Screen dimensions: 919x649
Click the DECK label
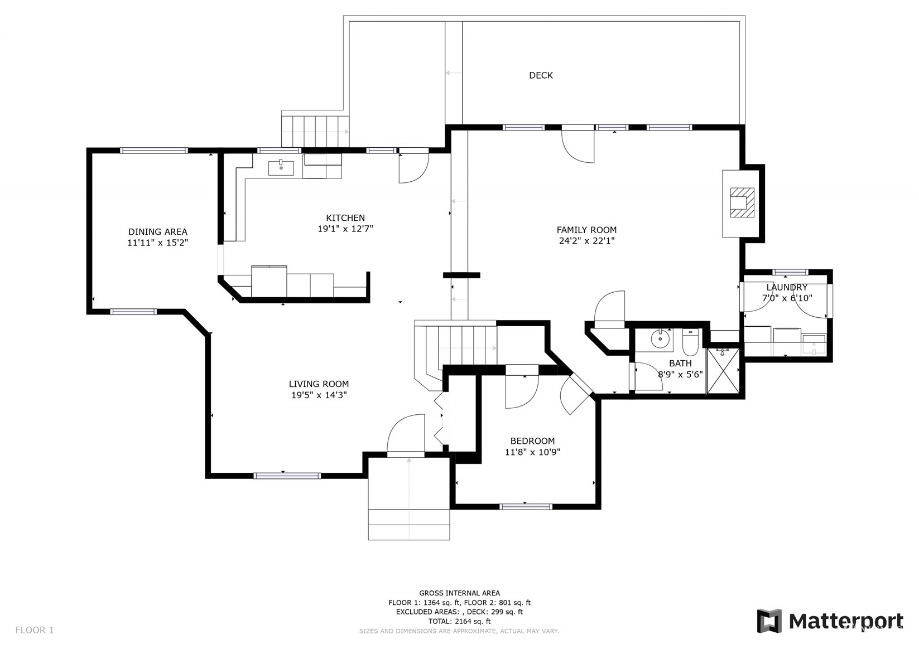coord(541,75)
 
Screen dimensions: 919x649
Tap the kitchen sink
coord(281,168)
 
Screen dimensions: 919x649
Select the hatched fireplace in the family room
coord(742,202)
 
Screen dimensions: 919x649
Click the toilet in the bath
coord(690,342)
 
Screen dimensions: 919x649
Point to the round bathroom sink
coord(660,339)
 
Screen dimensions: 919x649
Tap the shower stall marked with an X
coord(723,371)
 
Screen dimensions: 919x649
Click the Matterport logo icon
coord(769,621)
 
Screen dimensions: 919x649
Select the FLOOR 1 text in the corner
coord(35,630)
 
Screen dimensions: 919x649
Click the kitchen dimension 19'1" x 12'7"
coord(345,229)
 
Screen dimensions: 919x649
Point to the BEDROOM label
coord(532,441)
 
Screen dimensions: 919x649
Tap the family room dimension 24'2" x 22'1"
coord(586,241)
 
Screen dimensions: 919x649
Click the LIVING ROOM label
coord(319,384)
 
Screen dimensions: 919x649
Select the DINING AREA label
coord(158,232)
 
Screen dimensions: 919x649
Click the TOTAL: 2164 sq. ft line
coord(460,621)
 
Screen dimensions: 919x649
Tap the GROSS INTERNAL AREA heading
coord(460,593)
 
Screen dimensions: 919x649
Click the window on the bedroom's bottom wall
coord(526,507)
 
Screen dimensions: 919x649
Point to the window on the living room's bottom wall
coord(287,476)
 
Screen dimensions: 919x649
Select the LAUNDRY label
coord(787,287)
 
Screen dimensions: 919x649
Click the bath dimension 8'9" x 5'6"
coord(680,374)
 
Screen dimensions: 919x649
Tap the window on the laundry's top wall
coord(790,272)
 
